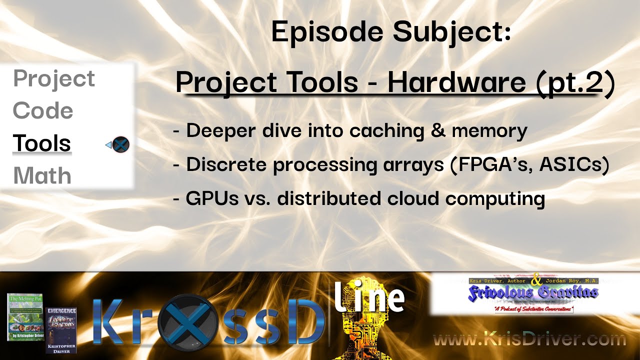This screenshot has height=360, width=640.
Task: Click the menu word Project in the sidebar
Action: (54, 79)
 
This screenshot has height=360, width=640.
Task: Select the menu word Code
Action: (43, 111)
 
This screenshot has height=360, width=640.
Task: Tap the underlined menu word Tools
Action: (42, 143)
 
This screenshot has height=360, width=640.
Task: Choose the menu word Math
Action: (42, 176)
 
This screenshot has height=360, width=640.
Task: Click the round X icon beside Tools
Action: (120, 145)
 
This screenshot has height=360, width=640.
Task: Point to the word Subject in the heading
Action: (451, 33)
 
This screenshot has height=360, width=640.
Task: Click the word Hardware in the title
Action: (456, 82)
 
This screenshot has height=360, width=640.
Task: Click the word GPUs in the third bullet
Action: (210, 199)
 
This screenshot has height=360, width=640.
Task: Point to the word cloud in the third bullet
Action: (418, 199)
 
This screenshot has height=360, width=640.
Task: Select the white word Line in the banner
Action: (369, 297)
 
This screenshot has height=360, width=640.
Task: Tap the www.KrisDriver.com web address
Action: (529, 340)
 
